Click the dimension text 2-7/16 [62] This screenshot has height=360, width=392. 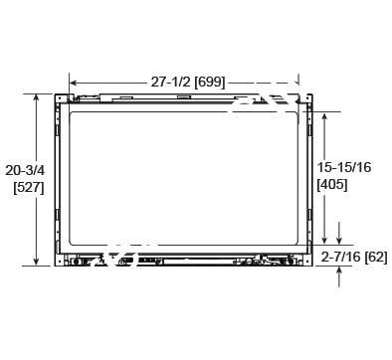[355, 256]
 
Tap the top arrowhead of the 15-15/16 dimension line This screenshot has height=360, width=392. [324, 113]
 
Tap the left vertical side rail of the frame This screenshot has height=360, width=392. [60, 179]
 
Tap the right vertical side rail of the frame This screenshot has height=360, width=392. [307, 179]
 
